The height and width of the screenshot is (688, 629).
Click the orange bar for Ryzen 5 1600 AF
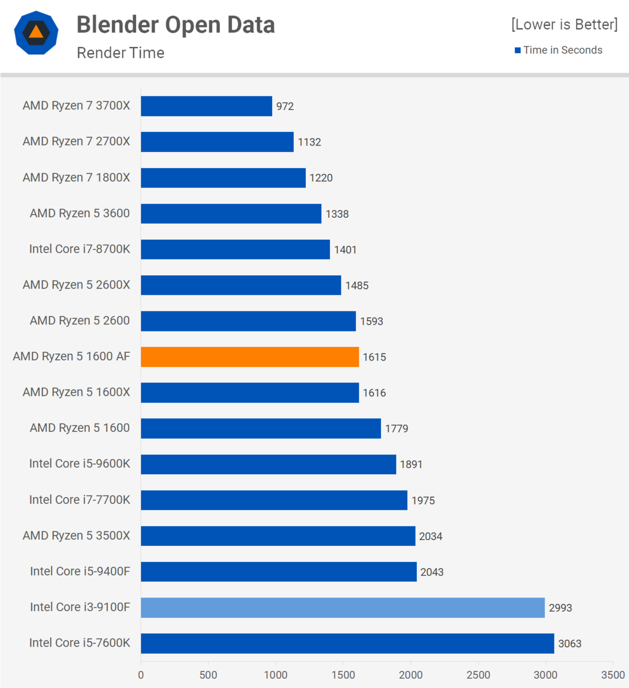[x=250, y=357]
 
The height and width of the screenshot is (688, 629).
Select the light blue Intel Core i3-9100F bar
[x=343, y=608]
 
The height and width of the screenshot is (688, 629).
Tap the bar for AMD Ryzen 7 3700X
[x=207, y=106]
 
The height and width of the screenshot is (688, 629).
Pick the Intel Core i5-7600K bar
[x=347, y=643]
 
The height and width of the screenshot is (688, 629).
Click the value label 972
[x=285, y=107]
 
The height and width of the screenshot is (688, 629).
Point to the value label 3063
[x=569, y=644]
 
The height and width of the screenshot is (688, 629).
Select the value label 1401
[x=345, y=250]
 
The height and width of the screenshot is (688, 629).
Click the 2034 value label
[x=430, y=537]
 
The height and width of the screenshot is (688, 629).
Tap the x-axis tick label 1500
[x=343, y=675]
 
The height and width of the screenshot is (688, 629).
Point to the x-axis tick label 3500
[x=612, y=675]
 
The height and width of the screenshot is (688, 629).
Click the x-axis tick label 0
[x=141, y=675]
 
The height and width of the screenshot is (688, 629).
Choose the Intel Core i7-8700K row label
[x=80, y=249]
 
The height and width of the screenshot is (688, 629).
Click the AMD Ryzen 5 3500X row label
[x=76, y=535]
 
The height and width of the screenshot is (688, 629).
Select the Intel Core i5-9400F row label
[x=80, y=571]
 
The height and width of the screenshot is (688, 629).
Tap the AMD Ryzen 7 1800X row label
[x=76, y=177]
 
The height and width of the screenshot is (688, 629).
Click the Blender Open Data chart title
[x=176, y=25]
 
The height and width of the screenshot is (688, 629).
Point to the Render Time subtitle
[x=121, y=53]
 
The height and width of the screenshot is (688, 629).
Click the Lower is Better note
[x=564, y=25]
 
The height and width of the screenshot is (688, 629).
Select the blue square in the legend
[x=518, y=50]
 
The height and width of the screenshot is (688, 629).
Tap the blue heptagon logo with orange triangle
[x=36, y=33]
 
